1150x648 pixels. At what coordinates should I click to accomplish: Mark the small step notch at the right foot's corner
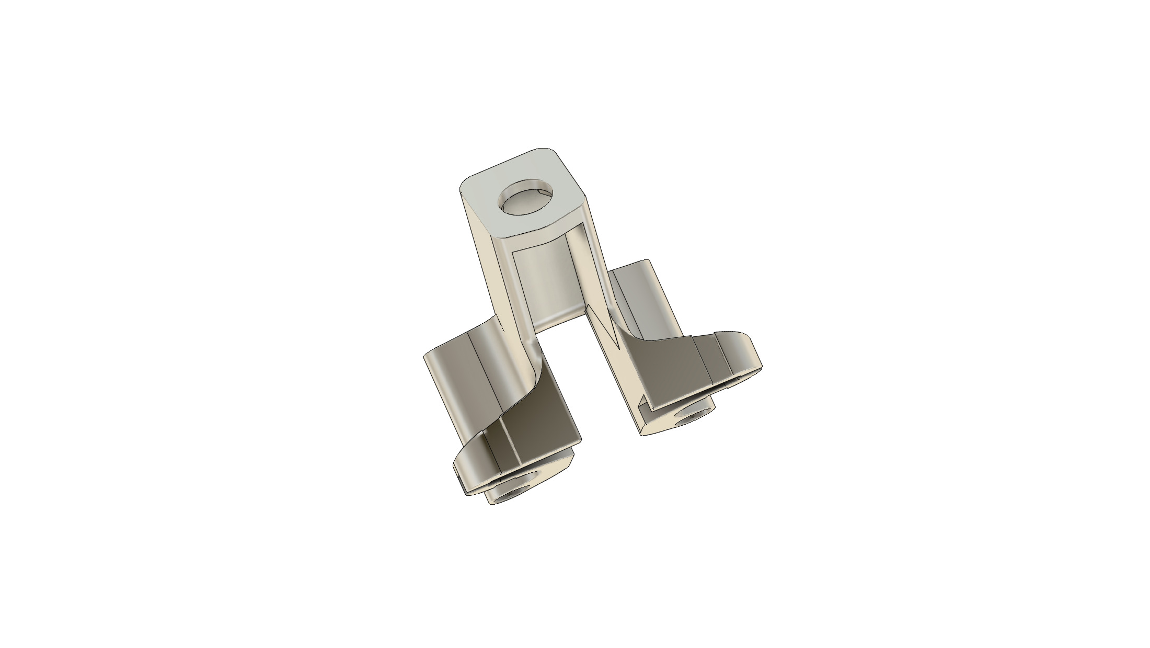point(646,405)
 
